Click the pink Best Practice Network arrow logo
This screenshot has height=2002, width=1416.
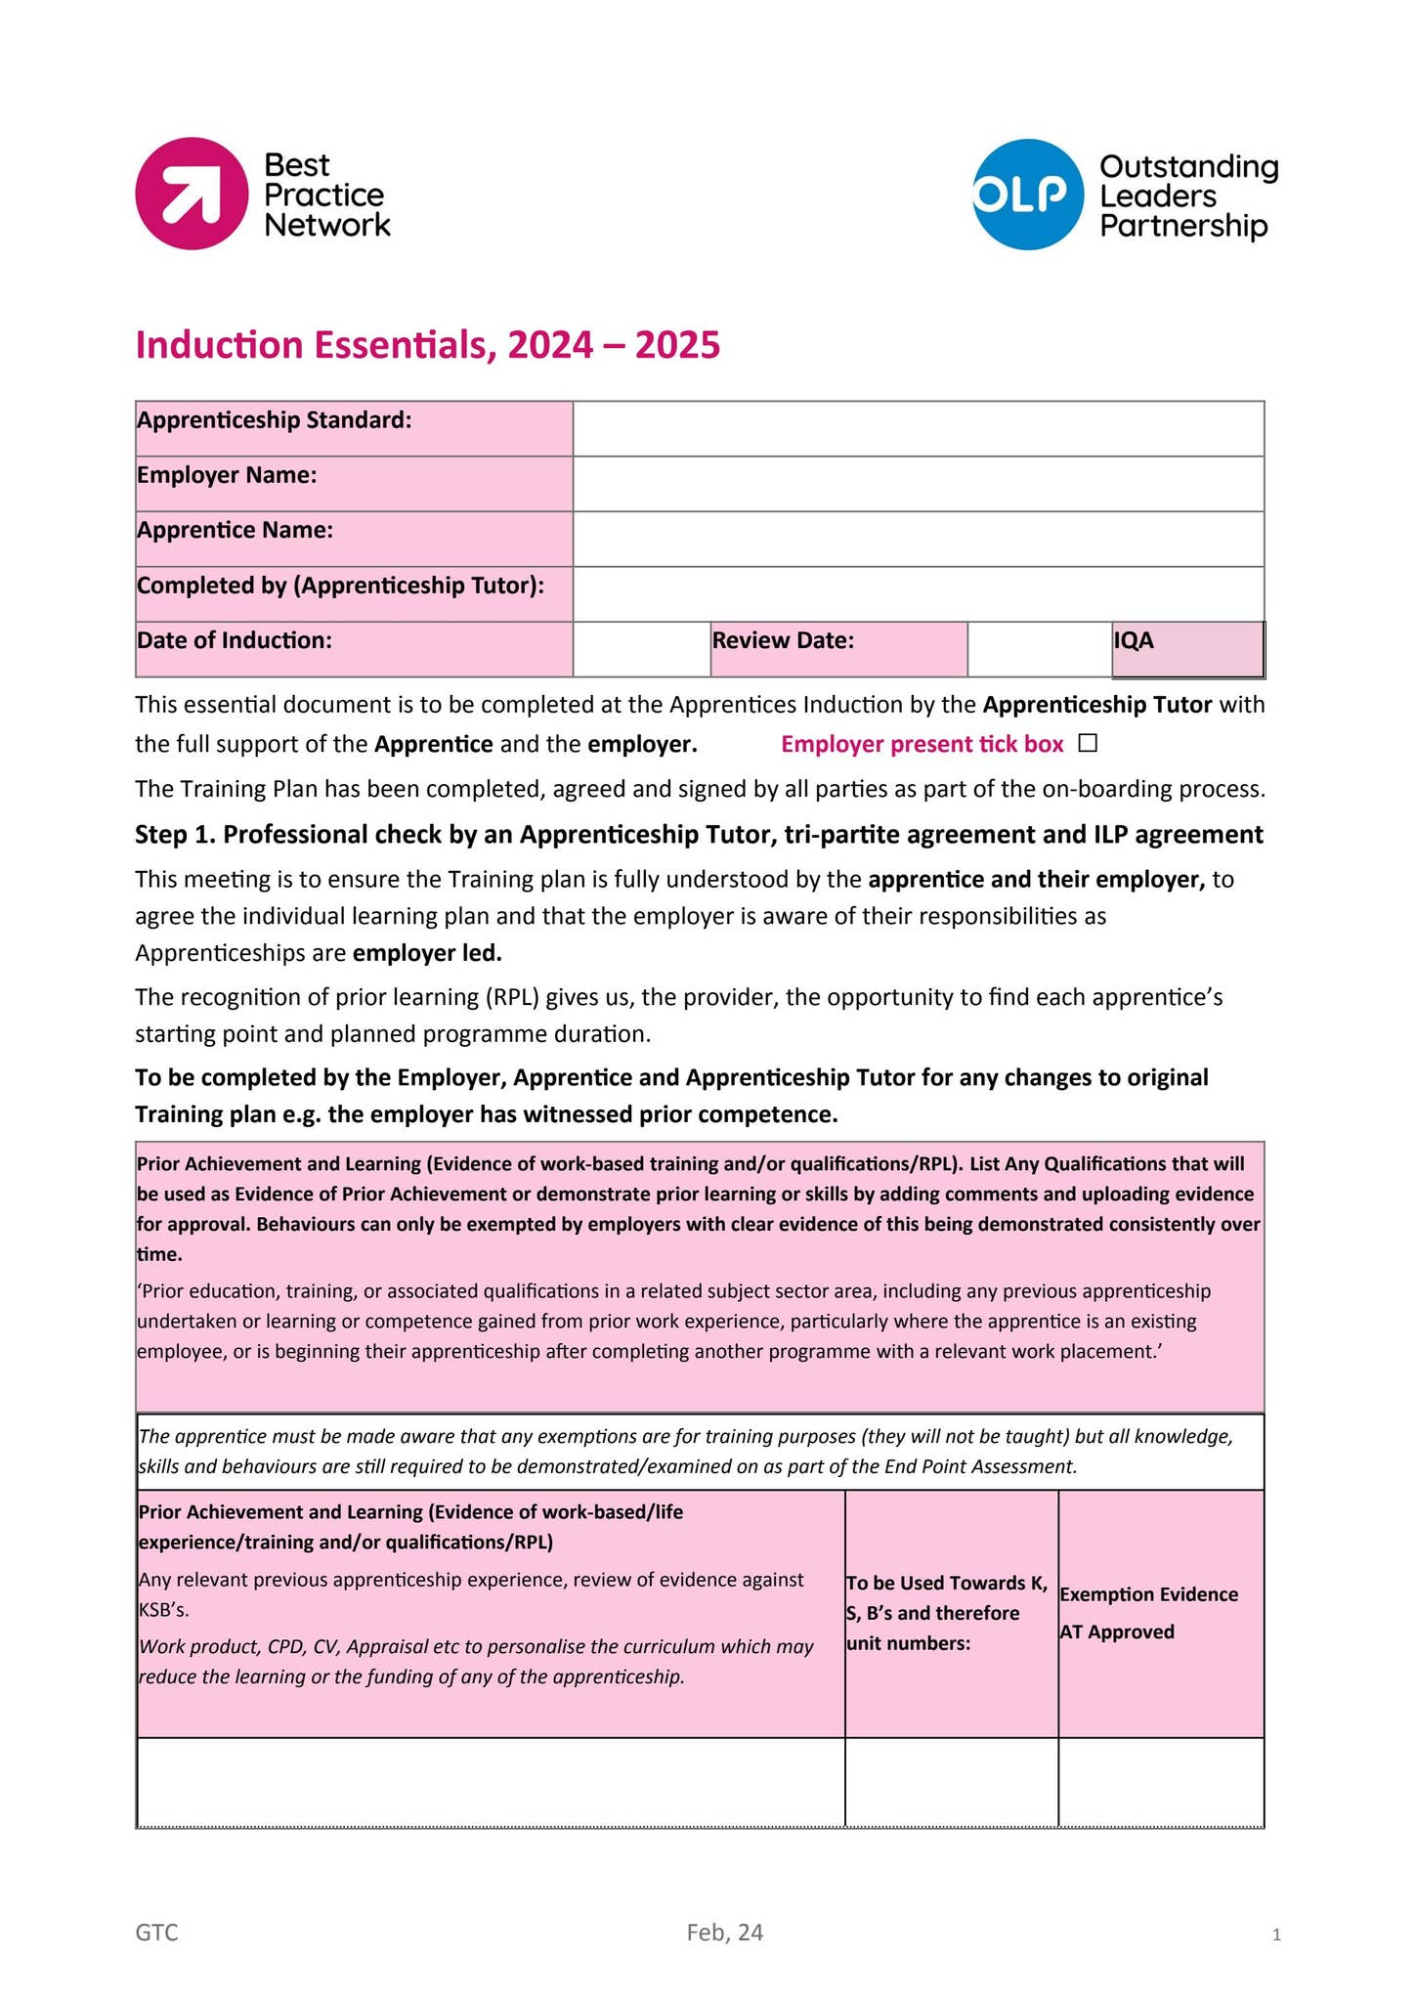point(192,194)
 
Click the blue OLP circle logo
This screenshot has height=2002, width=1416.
point(1027,195)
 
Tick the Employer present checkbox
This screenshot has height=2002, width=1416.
point(1089,744)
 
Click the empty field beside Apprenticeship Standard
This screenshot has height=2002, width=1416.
point(918,428)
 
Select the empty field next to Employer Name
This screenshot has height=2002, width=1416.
point(918,484)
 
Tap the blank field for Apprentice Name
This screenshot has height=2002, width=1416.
point(918,539)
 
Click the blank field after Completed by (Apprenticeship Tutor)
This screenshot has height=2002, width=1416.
point(918,594)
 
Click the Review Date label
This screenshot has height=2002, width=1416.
point(783,641)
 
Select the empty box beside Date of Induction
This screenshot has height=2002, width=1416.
point(641,649)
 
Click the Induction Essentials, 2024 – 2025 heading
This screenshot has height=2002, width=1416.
point(427,345)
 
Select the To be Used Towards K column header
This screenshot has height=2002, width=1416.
point(950,1613)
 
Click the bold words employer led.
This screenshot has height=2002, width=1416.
point(427,953)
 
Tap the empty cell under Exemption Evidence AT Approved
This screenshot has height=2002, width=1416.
point(1160,1781)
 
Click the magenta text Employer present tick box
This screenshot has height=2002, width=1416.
point(922,745)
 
